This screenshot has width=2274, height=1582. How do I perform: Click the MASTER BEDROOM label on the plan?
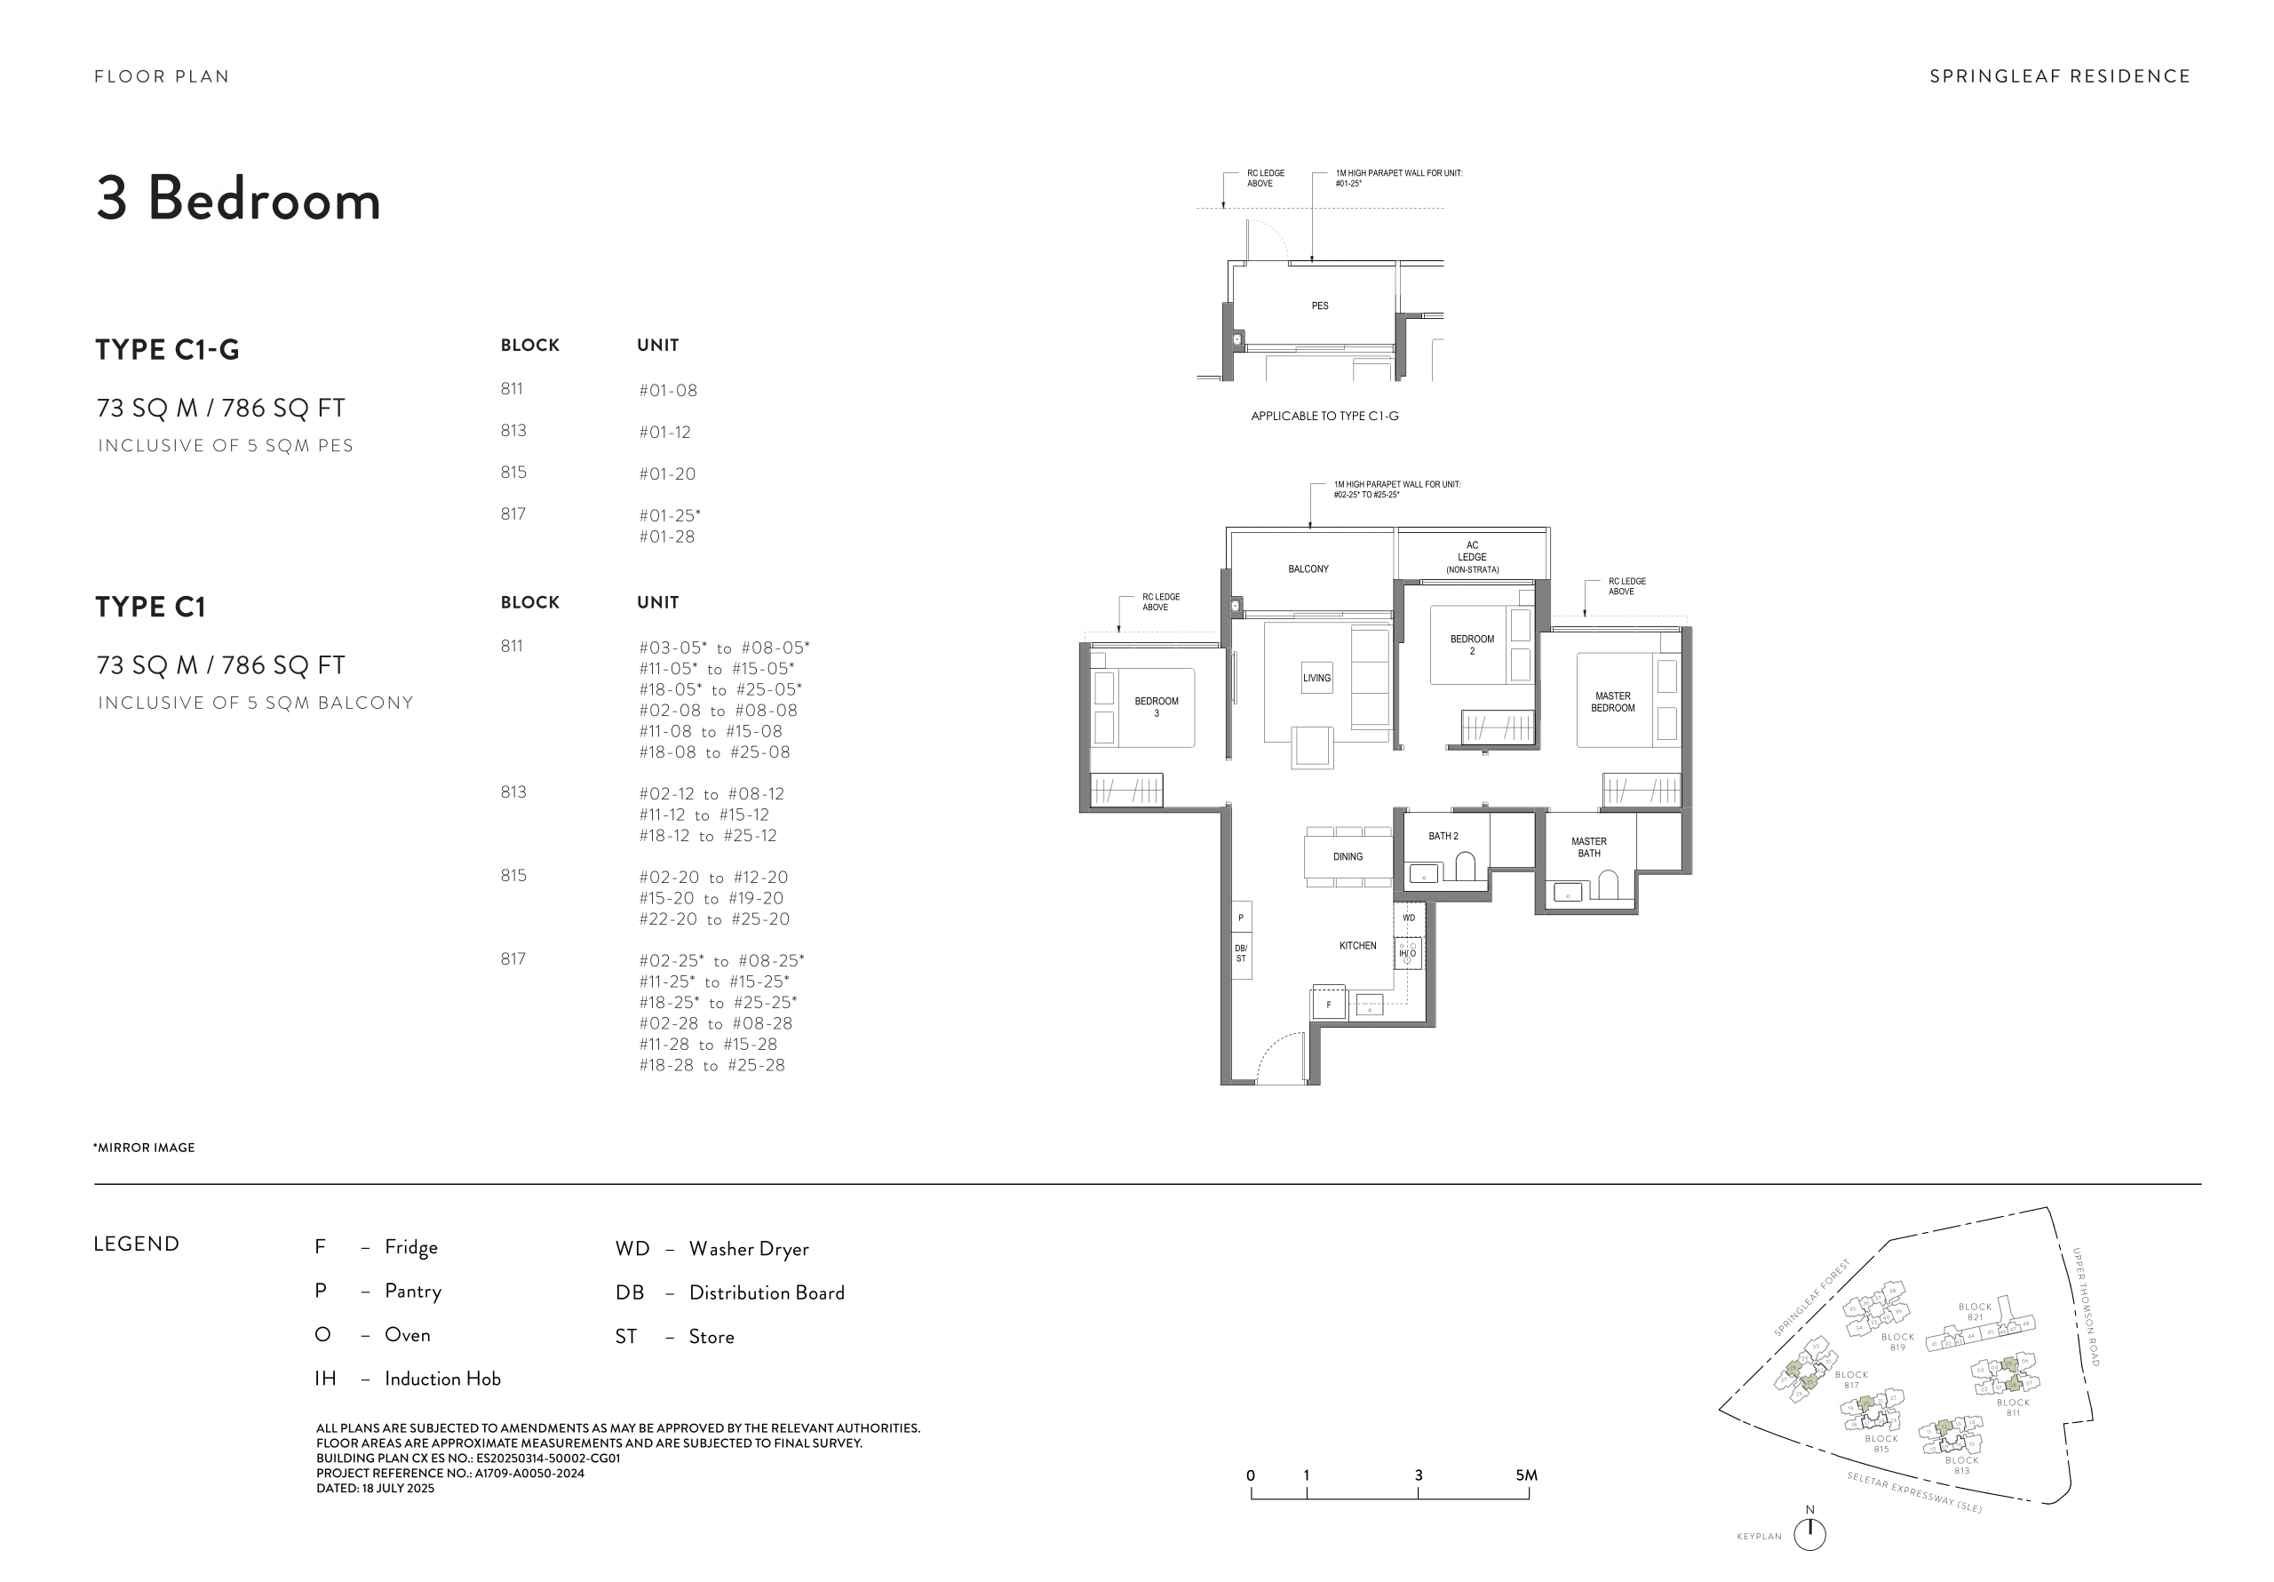[x=1612, y=702]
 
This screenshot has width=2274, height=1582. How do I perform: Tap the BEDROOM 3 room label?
[x=1156, y=706]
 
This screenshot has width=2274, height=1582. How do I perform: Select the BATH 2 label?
[x=1443, y=836]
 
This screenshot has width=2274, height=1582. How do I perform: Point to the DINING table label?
[x=1347, y=857]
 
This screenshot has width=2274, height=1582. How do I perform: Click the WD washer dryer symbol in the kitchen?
[x=1409, y=918]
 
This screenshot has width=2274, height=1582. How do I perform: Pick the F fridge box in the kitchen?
[x=1328, y=1005]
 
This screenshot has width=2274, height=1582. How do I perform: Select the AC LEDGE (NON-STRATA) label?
[x=1472, y=557]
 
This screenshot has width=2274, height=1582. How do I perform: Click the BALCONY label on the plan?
[x=1308, y=568]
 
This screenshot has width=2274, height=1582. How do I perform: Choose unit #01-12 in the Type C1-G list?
[x=664, y=432]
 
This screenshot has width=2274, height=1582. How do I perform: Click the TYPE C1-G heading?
[x=167, y=350]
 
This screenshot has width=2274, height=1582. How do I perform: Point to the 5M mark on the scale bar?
[x=1526, y=1475]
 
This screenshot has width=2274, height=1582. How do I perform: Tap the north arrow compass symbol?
[x=1809, y=1532]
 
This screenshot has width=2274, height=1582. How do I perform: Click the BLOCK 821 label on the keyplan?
[x=1974, y=1312]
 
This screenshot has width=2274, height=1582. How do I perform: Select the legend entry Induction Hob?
[x=441, y=1379]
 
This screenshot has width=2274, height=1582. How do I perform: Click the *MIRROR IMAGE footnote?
[x=145, y=1147]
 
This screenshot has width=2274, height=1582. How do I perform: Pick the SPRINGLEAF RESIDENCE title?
[x=2059, y=76]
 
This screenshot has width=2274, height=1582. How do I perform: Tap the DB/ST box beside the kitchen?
[x=1241, y=953]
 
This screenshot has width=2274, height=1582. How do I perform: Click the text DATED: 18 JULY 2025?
[x=376, y=1488]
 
